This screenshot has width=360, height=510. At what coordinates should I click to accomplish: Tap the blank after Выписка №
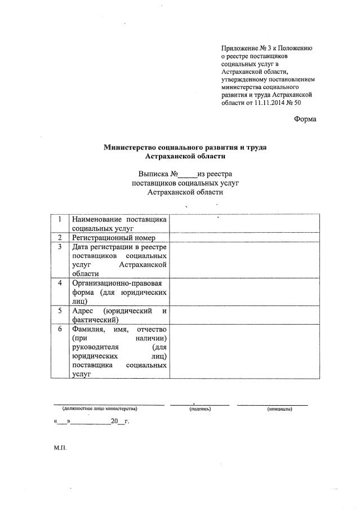point(188,175)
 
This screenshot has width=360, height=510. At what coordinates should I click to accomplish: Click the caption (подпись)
point(200,409)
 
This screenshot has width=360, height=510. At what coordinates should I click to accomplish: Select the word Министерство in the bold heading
point(130,148)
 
